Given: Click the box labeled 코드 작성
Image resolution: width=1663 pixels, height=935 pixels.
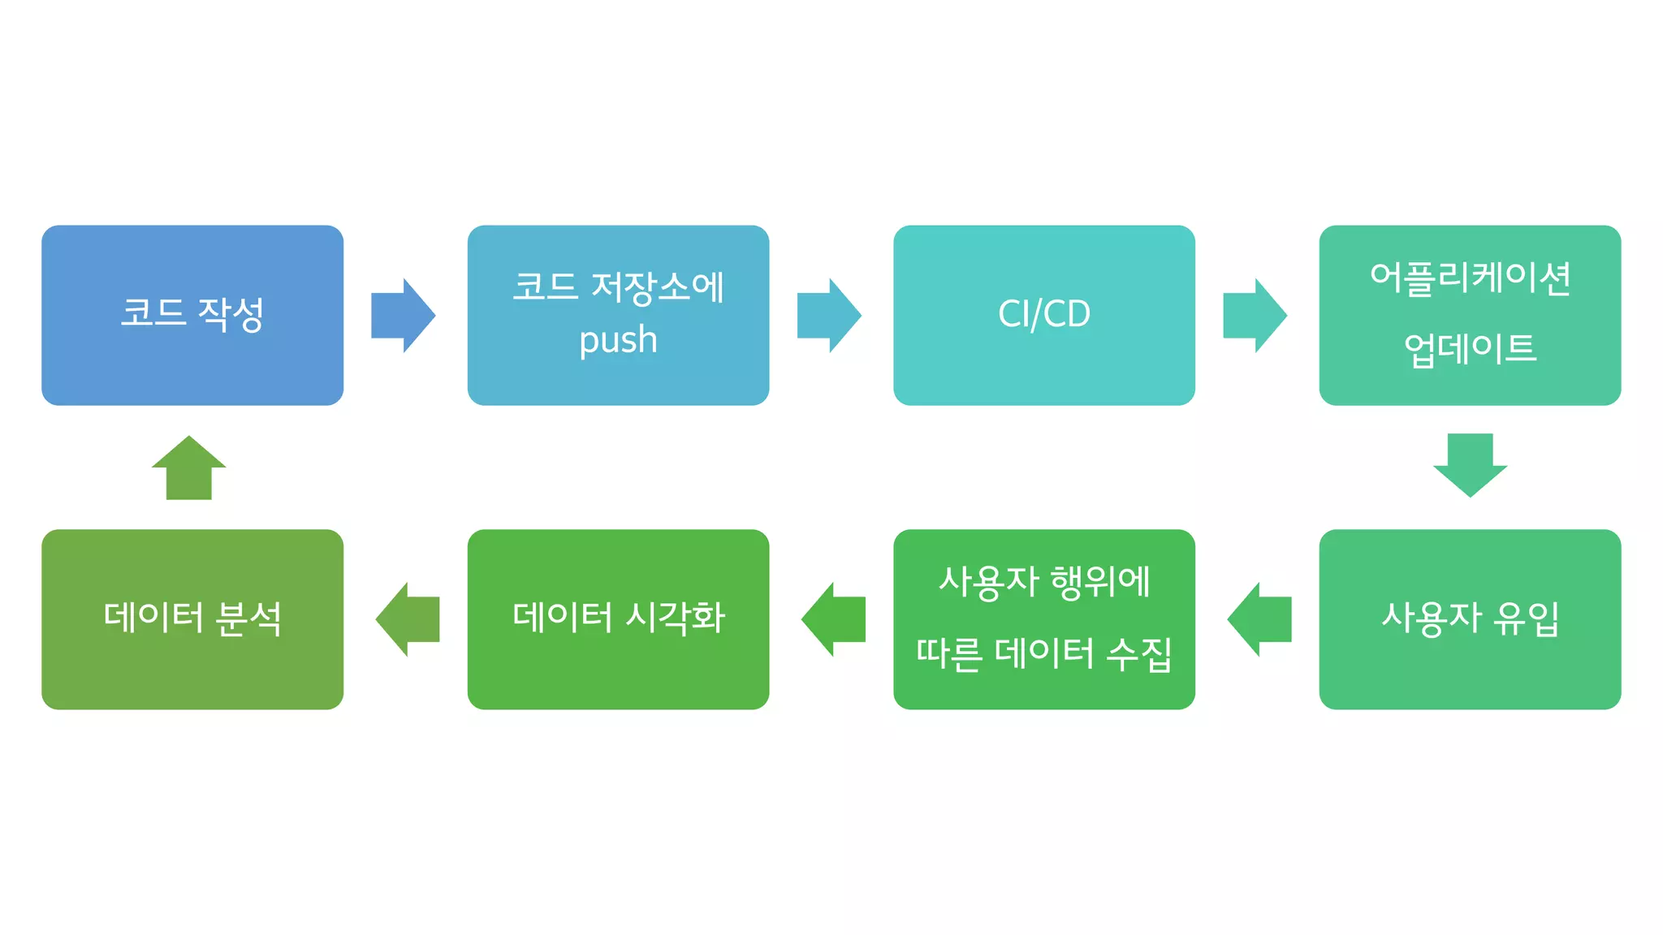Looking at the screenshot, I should (x=192, y=315).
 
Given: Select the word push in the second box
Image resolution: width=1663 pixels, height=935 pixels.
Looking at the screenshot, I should (x=618, y=341).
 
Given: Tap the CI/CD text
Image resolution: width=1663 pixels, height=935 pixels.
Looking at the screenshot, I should (x=1043, y=314).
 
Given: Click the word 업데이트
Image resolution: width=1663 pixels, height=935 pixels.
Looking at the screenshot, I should (x=1470, y=350).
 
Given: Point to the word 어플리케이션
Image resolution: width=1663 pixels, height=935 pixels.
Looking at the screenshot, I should (x=1470, y=278).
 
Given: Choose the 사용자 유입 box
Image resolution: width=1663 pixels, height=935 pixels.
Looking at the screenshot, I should (x=1470, y=618).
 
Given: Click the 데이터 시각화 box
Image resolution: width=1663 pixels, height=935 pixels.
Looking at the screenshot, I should (x=618, y=618).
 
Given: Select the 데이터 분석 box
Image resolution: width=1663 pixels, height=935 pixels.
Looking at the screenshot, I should (x=192, y=618).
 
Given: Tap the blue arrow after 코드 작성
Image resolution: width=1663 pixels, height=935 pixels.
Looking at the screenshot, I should (x=403, y=315).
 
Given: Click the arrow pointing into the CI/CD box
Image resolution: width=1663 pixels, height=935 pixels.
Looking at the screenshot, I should (x=828, y=315).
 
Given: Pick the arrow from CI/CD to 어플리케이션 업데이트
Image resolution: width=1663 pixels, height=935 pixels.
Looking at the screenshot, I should (x=1255, y=315).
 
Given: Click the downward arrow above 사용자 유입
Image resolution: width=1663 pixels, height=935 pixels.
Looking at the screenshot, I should (x=1470, y=464).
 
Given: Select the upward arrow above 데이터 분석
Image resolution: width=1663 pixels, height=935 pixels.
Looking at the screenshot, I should (x=189, y=468).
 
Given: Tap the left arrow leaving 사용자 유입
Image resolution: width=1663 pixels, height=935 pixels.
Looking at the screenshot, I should (x=1259, y=618).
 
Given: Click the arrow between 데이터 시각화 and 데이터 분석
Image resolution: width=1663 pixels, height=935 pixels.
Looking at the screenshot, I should (x=408, y=618).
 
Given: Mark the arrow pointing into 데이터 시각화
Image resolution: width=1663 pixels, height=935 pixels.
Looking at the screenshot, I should (x=834, y=618).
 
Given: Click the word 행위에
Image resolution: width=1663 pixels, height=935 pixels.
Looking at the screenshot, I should (x=1100, y=582).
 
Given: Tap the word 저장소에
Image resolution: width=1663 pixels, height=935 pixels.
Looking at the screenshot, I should (x=657, y=287).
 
